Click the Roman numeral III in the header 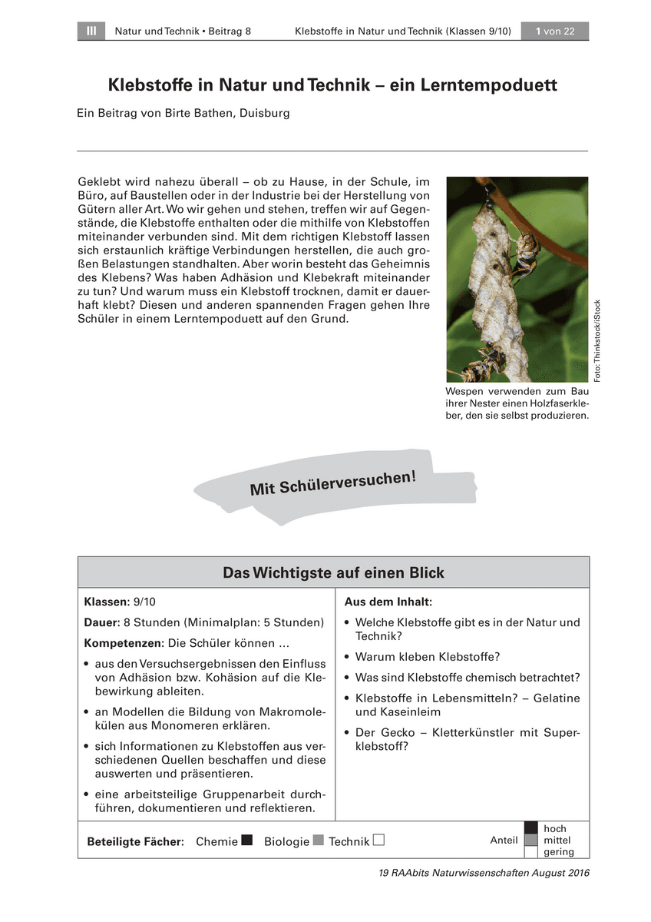click(x=91, y=32)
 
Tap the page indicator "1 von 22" click(x=555, y=32)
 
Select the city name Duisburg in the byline click(x=264, y=113)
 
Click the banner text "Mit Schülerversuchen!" click(x=333, y=483)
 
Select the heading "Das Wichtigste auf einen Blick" click(x=333, y=573)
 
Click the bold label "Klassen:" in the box click(x=107, y=602)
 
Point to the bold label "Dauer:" click(x=102, y=622)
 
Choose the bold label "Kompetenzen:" click(x=124, y=642)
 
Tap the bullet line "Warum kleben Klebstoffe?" click(x=428, y=657)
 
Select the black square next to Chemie click(x=247, y=840)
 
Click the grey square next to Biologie click(x=319, y=840)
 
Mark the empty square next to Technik click(x=378, y=840)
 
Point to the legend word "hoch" click(x=554, y=828)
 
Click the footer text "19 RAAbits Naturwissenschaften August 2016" click(x=484, y=873)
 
